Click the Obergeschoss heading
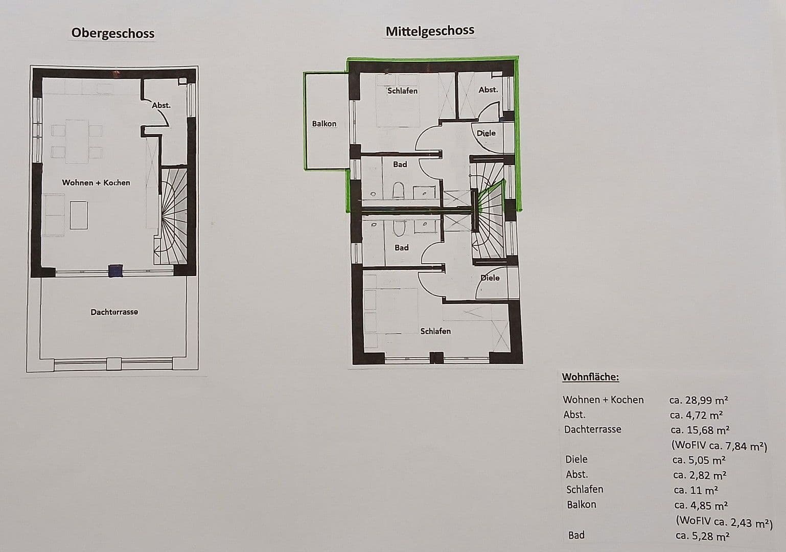112,33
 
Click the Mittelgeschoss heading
430,31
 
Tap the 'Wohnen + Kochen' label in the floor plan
96,182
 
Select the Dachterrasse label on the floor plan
114,312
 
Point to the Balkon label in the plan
324,124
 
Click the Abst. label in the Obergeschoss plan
161,105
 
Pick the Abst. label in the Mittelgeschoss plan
488,90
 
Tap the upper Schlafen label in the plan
402,91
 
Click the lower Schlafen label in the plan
435,331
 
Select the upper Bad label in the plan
400,164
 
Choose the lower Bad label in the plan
401,248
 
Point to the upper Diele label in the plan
486,133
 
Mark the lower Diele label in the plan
490,278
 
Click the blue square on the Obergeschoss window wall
116,270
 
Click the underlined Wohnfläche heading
590,377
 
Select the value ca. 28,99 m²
699,400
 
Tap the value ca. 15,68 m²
700,430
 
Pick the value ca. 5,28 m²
702,536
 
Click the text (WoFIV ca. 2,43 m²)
724,522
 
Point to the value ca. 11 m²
696,490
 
